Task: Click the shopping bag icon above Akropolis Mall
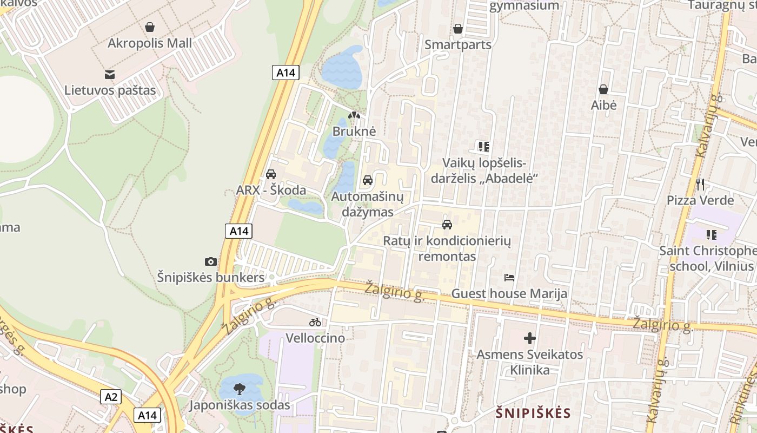click(x=150, y=27)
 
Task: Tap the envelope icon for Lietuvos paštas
click(x=110, y=74)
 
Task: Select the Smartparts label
click(x=458, y=44)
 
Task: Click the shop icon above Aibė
click(x=603, y=89)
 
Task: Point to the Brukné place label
click(x=354, y=131)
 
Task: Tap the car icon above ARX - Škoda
click(x=271, y=174)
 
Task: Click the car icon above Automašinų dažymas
click(x=368, y=180)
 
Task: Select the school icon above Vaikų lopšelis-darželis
click(x=484, y=146)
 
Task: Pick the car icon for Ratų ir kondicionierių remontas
click(x=447, y=224)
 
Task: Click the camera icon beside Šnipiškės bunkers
click(x=211, y=262)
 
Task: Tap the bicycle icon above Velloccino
click(x=315, y=322)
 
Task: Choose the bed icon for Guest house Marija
click(x=509, y=278)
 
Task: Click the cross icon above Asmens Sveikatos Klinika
click(x=530, y=339)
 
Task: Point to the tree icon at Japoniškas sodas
click(x=240, y=388)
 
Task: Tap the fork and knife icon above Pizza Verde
click(x=700, y=185)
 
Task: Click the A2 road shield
click(x=111, y=397)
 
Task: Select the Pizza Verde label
click(x=700, y=200)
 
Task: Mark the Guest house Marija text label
click(x=509, y=293)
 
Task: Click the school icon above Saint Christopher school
click(x=712, y=235)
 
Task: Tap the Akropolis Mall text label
click(x=150, y=43)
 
